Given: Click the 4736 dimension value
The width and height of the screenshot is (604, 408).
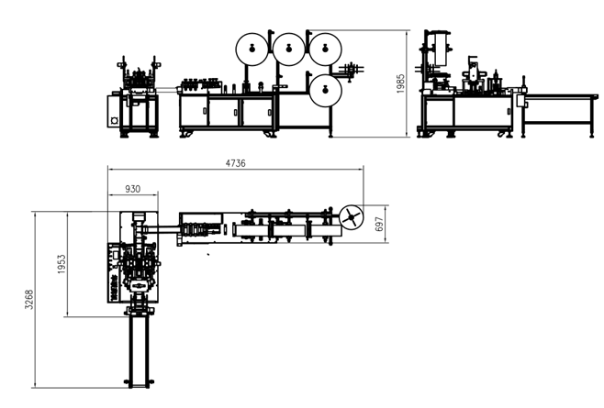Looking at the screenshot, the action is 235,163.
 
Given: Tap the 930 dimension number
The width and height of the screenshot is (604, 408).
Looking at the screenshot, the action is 133,189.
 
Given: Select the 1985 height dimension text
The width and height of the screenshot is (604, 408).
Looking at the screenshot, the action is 400,83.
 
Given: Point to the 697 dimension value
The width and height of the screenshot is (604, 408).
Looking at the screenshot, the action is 379,224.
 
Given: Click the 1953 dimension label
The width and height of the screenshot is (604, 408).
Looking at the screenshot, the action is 62,264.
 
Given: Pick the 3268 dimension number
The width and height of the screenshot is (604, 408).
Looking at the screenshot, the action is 28,300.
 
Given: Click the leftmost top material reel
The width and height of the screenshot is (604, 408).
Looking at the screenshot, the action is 252,49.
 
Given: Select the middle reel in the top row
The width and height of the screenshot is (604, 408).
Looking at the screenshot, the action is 289,49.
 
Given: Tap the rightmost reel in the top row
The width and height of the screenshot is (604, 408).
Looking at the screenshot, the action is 325,49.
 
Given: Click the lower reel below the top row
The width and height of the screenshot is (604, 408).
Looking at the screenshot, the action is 325,91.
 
